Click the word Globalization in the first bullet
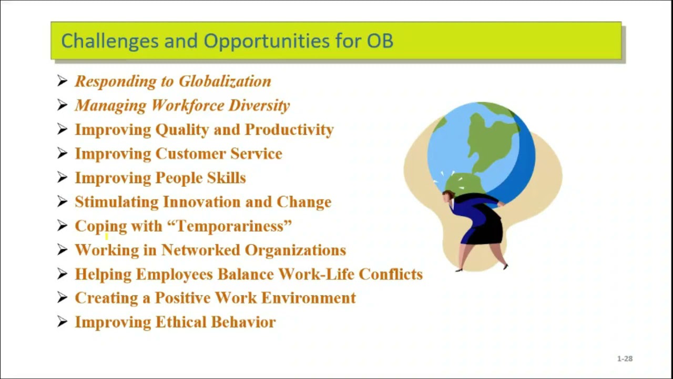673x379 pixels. (225, 81)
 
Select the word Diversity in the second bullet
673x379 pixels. (259, 105)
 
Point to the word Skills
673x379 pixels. (226, 178)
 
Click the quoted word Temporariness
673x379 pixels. (229, 226)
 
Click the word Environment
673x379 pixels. (308, 298)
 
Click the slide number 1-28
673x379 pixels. (625, 358)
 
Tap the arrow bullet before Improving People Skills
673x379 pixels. (62, 178)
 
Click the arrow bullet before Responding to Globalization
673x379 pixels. (62, 81)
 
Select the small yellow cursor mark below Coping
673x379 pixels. (106, 237)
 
